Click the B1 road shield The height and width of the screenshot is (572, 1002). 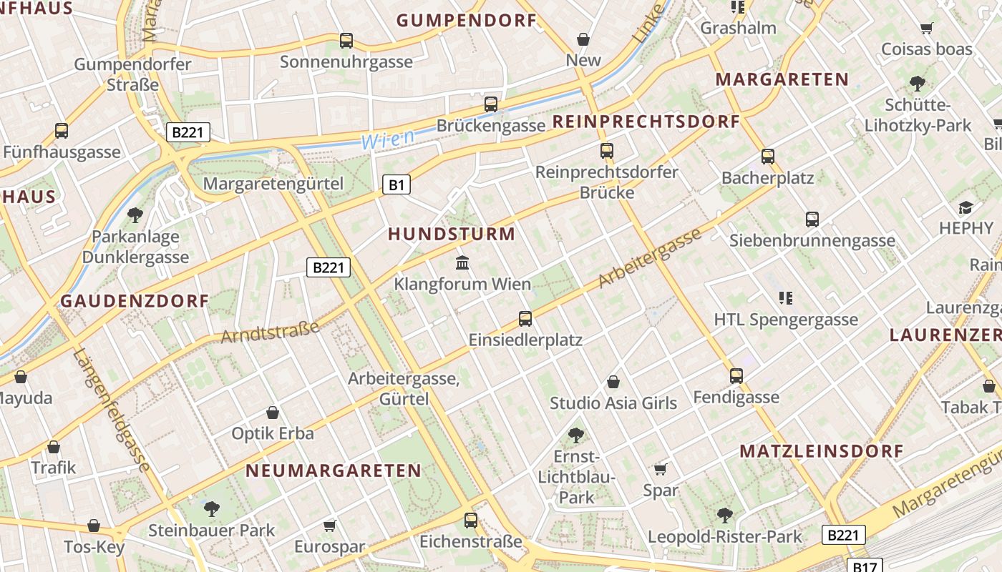[x=397, y=185]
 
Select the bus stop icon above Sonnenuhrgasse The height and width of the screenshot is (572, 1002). [x=346, y=41]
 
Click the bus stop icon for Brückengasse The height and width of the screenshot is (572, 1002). [x=491, y=104]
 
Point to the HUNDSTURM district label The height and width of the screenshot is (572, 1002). [x=452, y=234]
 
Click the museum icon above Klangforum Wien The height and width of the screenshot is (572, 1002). [x=462, y=263]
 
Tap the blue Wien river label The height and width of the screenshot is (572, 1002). [x=388, y=139]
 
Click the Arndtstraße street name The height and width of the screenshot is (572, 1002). [x=270, y=332]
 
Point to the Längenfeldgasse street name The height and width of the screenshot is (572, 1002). [x=112, y=410]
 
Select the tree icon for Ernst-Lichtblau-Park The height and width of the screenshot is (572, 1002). [x=575, y=434]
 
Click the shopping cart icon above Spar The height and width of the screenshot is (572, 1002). [x=660, y=469]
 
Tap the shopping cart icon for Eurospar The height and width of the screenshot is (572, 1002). [x=329, y=526]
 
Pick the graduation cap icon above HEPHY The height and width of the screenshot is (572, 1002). [x=965, y=207]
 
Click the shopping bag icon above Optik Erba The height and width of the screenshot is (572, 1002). [x=273, y=413]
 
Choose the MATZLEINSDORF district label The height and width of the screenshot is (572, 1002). [x=822, y=451]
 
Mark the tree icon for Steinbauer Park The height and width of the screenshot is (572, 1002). [x=211, y=508]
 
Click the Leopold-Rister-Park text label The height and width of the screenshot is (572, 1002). [x=725, y=536]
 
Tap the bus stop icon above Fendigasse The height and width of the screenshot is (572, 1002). [x=736, y=375]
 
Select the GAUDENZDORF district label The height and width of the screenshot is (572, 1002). [x=135, y=301]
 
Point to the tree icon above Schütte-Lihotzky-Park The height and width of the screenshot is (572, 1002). [x=917, y=84]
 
